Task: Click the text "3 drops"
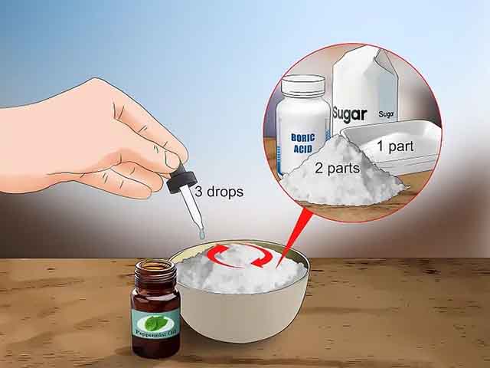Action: pos(218,192)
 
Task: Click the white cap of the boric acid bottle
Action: pos(302,87)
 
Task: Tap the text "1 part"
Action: pos(395,145)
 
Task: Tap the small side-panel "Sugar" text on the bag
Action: pos(387,114)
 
